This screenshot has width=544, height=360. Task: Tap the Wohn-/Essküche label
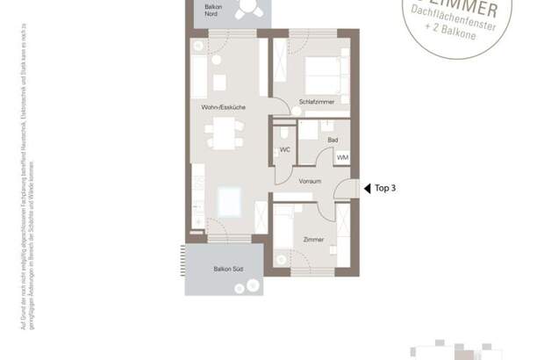(222, 107)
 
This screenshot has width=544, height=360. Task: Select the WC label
(284, 150)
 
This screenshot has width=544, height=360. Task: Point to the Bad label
(332, 140)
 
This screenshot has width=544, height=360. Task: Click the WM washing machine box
(341, 156)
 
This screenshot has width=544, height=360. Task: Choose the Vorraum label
(309, 181)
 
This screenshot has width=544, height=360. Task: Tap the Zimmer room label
(313, 239)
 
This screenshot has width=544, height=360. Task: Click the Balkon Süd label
(227, 268)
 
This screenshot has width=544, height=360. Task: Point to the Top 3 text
(386, 187)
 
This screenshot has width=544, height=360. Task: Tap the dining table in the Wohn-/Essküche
(223, 135)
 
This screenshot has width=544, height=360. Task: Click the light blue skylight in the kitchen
(230, 201)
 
